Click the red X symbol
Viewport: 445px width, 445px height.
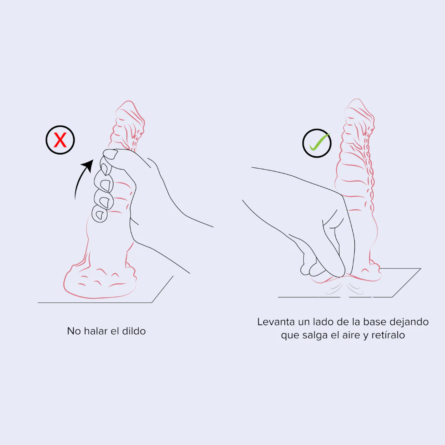coord(60,140)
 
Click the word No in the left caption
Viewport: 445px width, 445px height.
coord(74,331)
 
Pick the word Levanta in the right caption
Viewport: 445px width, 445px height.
coord(276,322)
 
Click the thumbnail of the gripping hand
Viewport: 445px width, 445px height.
coord(110,154)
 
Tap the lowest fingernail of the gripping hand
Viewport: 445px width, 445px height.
coord(100,215)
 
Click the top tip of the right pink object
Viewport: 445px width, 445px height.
coord(357,99)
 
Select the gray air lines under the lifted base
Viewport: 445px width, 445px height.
coord(344,287)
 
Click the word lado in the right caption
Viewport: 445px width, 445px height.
coord(323,322)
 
